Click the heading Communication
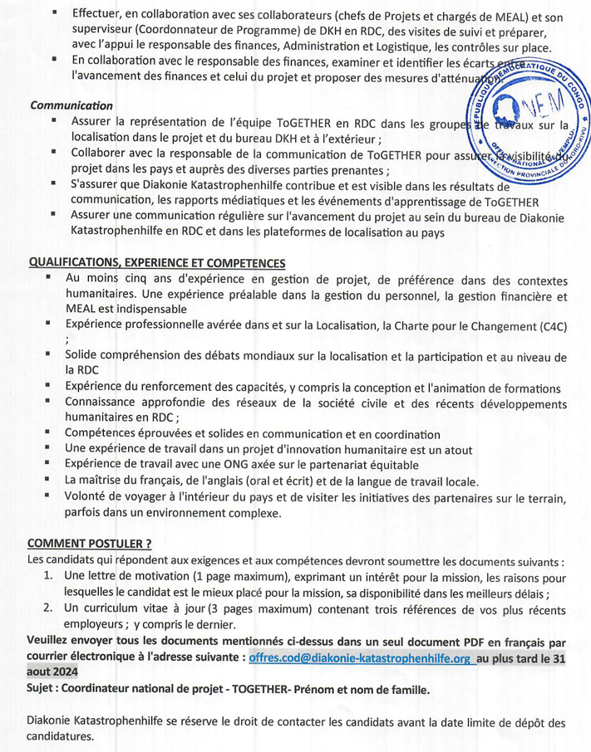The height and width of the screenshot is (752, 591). point(71,106)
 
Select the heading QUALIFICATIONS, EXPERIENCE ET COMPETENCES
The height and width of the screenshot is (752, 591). point(157,262)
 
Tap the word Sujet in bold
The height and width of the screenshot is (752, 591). point(42,691)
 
